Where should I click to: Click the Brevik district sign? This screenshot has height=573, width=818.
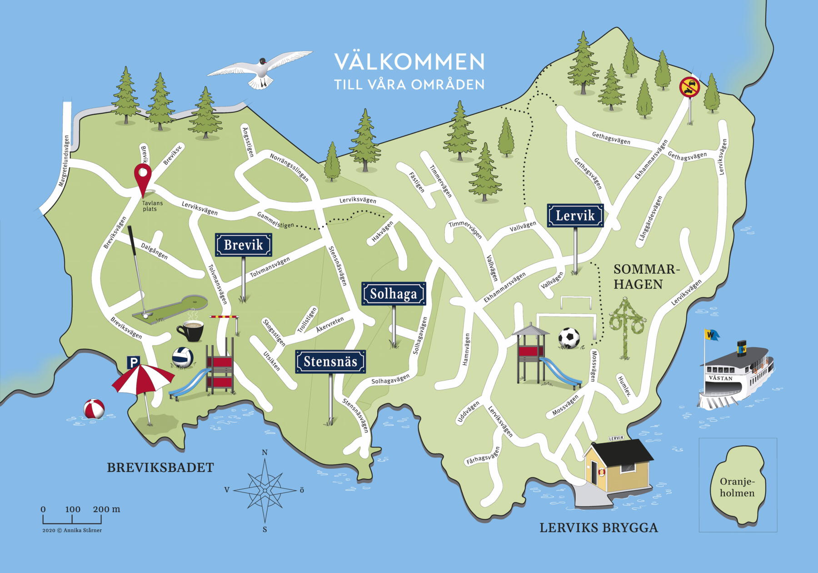(x=244, y=245)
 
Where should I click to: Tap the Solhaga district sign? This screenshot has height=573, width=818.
(x=394, y=294)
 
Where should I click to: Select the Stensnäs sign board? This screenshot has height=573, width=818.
(x=330, y=362)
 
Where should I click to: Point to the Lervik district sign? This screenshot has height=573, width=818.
(x=575, y=216)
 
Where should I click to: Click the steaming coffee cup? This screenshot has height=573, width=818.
(x=190, y=330)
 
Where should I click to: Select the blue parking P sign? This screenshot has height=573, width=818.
(x=133, y=362)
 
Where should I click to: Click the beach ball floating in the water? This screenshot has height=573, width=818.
(x=94, y=408)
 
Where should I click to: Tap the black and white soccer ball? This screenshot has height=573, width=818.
(x=569, y=338)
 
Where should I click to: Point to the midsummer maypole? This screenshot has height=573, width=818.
(x=627, y=327)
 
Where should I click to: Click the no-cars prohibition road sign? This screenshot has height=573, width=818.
(x=689, y=87)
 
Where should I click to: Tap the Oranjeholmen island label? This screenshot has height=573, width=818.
(x=737, y=487)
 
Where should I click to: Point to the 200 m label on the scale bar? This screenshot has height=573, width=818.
(x=106, y=509)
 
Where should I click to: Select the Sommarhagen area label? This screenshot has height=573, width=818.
(x=645, y=276)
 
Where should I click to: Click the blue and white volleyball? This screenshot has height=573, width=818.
(x=183, y=357)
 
